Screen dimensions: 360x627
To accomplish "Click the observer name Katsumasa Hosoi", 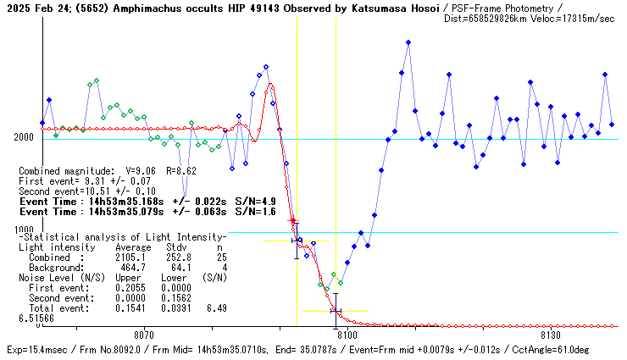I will click(x=394, y=7).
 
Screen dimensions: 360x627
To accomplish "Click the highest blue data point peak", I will click(x=408, y=42).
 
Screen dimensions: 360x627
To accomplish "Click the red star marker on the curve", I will click(x=292, y=220).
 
